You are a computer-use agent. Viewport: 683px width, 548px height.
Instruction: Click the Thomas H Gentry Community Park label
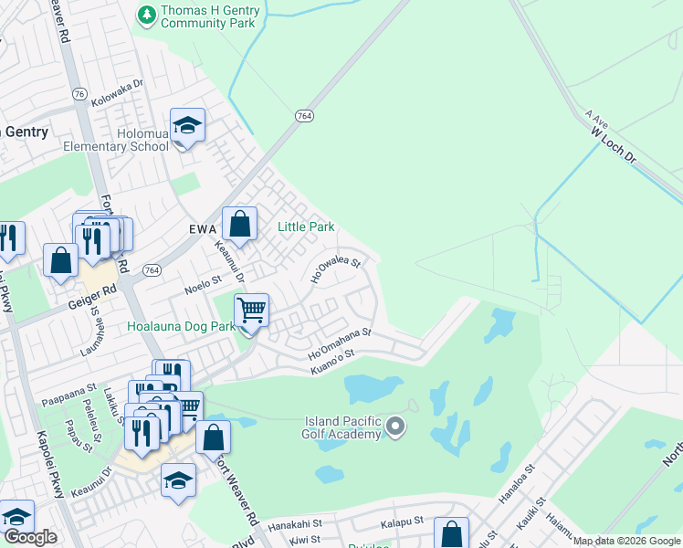click(208, 17)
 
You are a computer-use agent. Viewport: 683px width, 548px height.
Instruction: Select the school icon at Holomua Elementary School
click(187, 127)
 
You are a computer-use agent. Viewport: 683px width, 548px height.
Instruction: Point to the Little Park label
click(306, 227)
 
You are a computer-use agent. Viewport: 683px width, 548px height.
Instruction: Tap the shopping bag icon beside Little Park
click(239, 223)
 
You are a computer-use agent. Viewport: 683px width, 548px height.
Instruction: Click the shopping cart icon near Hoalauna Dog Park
click(251, 311)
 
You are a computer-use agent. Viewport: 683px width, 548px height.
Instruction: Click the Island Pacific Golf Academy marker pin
click(395, 426)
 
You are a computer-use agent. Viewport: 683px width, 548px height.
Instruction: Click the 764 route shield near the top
click(304, 116)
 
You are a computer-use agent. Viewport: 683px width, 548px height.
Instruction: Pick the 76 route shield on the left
click(79, 94)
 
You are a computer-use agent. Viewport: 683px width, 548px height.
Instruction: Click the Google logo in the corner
click(31, 536)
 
